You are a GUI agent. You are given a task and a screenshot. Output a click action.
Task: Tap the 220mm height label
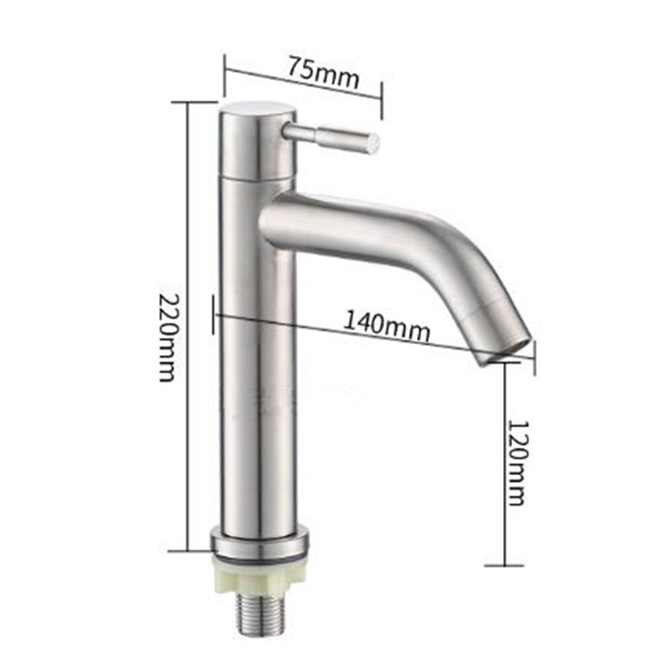(168, 337)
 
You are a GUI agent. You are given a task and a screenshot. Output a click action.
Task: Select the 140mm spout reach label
(387, 326)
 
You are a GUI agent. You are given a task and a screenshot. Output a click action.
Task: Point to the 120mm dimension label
(515, 461)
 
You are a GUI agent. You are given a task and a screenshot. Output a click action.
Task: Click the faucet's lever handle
(330, 136)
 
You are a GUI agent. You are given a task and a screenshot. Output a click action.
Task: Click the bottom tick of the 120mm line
(505, 565)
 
